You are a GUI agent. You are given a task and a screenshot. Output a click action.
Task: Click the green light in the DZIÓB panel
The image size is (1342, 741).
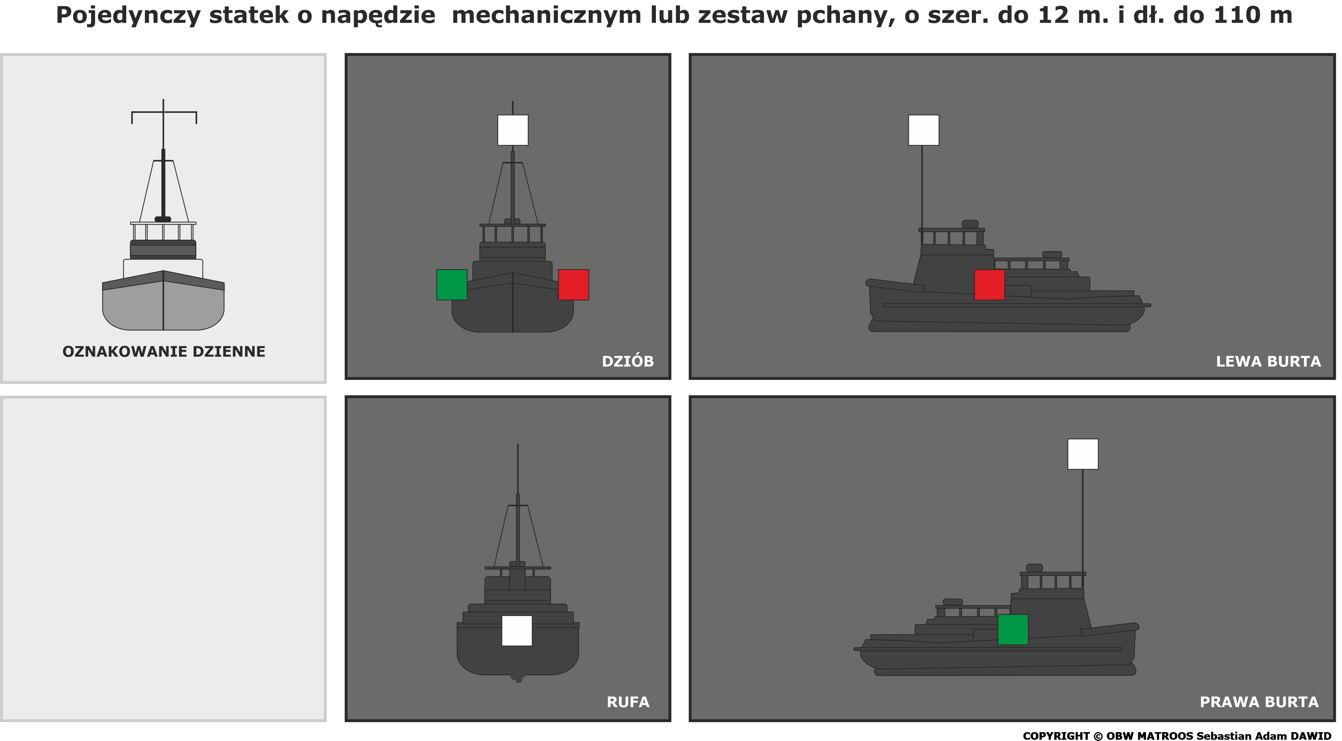pyautogui.click(x=452, y=285)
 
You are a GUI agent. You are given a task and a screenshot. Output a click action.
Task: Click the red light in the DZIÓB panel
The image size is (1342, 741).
pyautogui.click(x=574, y=285)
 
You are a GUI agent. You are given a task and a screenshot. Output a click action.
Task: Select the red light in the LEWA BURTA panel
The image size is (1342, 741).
pyautogui.click(x=989, y=285)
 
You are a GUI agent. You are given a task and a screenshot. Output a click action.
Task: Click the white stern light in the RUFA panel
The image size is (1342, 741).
pyautogui.click(x=517, y=631)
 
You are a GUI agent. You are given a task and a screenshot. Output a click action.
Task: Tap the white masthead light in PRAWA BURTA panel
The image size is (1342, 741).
pyautogui.click(x=1083, y=454)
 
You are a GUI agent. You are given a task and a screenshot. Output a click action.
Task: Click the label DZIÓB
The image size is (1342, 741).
pyautogui.click(x=628, y=361)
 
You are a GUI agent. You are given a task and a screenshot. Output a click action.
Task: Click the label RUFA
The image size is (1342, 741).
pyautogui.click(x=628, y=702)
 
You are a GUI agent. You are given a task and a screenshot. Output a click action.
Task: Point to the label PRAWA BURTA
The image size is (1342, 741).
pyautogui.click(x=1259, y=702)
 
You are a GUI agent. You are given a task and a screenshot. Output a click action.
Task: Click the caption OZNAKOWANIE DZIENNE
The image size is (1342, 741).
pyautogui.click(x=164, y=352)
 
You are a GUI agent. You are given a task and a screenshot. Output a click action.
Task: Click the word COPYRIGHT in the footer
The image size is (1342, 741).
pyautogui.click(x=1056, y=736)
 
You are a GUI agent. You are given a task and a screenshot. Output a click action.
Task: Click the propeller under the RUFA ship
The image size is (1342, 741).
pyautogui.click(x=517, y=677)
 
